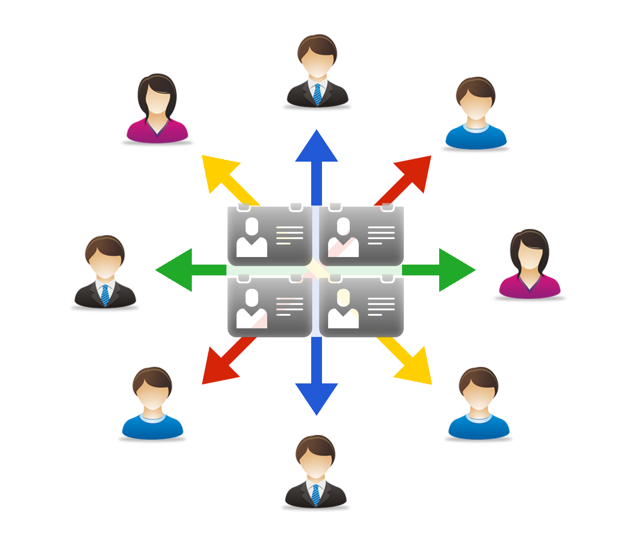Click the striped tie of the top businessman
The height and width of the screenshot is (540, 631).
tap(317, 94)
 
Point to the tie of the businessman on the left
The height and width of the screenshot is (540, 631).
tap(105, 295)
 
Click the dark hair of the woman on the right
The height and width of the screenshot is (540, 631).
tap(529, 239)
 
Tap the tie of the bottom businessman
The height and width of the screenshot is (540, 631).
tap(316, 495)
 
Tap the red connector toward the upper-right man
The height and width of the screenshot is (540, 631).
tap(379, 180)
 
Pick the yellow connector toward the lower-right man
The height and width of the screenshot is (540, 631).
tap(379, 360)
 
